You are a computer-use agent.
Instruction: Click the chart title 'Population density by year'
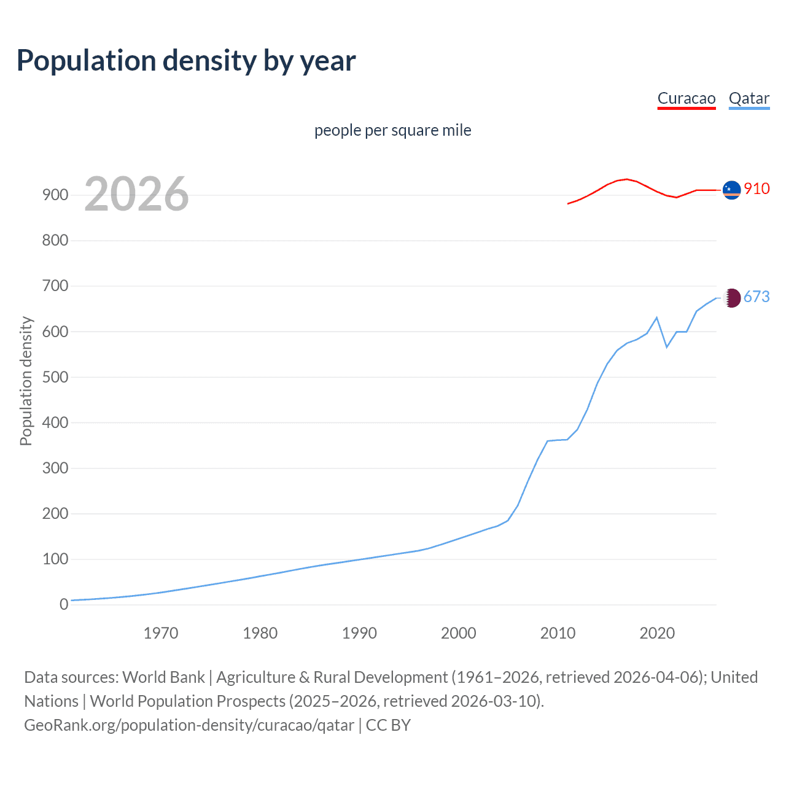tap(186, 61)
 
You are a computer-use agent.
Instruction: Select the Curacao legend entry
tap(686, 99)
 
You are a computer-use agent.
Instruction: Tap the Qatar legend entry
tap(749, 99)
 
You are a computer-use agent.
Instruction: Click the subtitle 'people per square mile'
tap(392, 131)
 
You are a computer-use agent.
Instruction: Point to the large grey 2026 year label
tap(136, 195)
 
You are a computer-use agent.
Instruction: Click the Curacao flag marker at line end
tap(731, 190)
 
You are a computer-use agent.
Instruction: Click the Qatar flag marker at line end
tap(731, 298)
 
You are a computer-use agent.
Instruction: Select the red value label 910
tap(757, 189)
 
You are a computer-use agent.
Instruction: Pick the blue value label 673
tap(757, 297)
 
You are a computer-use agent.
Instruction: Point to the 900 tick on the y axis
tap(55, 195)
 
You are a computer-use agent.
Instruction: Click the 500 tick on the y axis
tap(55, 377)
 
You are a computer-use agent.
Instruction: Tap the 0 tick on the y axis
tap(64, 605)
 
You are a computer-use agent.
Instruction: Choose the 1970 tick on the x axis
tap(161, 633)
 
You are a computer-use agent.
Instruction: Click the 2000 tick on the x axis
tap(458, 633)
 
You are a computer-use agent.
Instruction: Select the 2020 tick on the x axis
tap(657, 633)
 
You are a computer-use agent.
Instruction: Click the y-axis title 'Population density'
tap(26, 381)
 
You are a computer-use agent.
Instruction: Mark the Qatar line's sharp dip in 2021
tap(667, 347)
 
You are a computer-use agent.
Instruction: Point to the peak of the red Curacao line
tap(626, 179)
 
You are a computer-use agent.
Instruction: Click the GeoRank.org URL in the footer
tap(189, 725)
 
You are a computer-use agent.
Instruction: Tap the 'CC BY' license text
tap(388, 725)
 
